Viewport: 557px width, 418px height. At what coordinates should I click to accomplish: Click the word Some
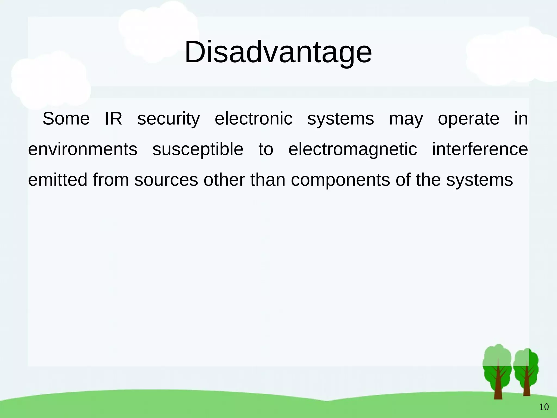pos(66,119)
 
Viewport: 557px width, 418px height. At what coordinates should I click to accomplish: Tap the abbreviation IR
pos(113,119)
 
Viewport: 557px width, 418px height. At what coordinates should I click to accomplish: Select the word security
pos(169,119)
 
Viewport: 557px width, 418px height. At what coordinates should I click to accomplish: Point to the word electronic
pos(253,119)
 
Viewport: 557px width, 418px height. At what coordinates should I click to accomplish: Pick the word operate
pos(468,119)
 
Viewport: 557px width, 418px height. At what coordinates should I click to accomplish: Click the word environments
pos(83,149)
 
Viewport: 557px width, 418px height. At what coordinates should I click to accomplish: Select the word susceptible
pos(198,149)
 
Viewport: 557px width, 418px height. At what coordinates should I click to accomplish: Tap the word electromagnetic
pos(352,149)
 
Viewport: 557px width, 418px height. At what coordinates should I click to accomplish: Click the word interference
pos(480,149)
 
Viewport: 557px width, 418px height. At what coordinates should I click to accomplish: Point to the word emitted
pos(58,180)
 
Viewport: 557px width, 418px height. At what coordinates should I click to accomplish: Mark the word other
pos(224,180)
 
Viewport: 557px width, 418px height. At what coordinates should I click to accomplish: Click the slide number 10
pos(544,407)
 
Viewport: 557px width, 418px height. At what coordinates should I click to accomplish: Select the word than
pos(268,180)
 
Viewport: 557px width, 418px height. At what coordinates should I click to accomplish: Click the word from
pos(111,180)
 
